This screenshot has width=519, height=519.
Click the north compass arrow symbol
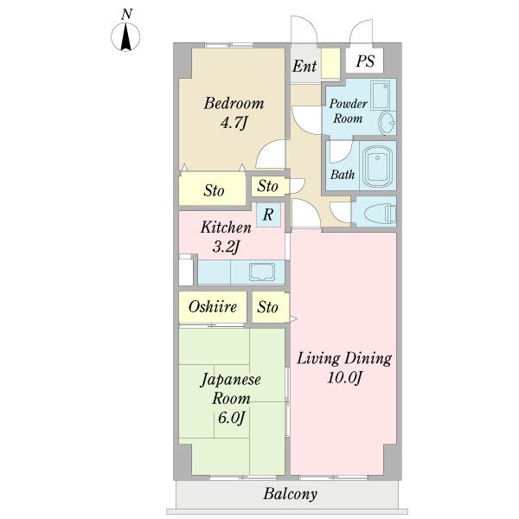pos(125,36)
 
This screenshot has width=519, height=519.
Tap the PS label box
pos(365,61)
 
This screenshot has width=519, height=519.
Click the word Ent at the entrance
pos(304,66)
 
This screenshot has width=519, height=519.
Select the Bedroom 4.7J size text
pos(234,124)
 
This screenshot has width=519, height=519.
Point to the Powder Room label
pos(348,111)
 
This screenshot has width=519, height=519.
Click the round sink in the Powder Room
pos(387,123)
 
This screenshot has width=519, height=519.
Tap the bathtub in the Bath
pos(377,167)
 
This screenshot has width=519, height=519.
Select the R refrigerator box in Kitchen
pos(268,215)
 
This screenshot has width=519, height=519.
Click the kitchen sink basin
pos(262,272)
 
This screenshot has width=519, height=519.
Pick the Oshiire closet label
pos(213,307)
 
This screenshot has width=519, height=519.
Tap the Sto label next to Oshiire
pos(267,307)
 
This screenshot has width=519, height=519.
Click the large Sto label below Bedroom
pos(214,190)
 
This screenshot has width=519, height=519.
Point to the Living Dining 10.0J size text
pos(344,378)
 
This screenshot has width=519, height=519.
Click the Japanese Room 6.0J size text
pos(231,418)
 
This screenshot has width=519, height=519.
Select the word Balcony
pos(291,494)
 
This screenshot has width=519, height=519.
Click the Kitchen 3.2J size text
pos(226,247)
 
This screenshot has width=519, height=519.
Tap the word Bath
pos(343,175)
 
